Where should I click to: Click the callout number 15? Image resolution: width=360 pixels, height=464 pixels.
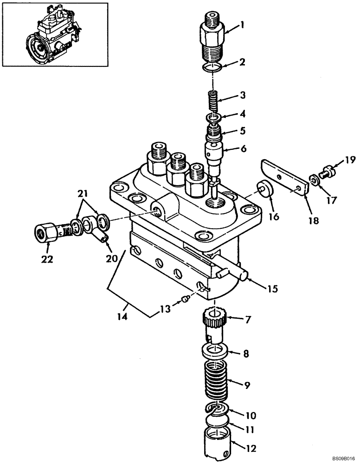272,289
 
